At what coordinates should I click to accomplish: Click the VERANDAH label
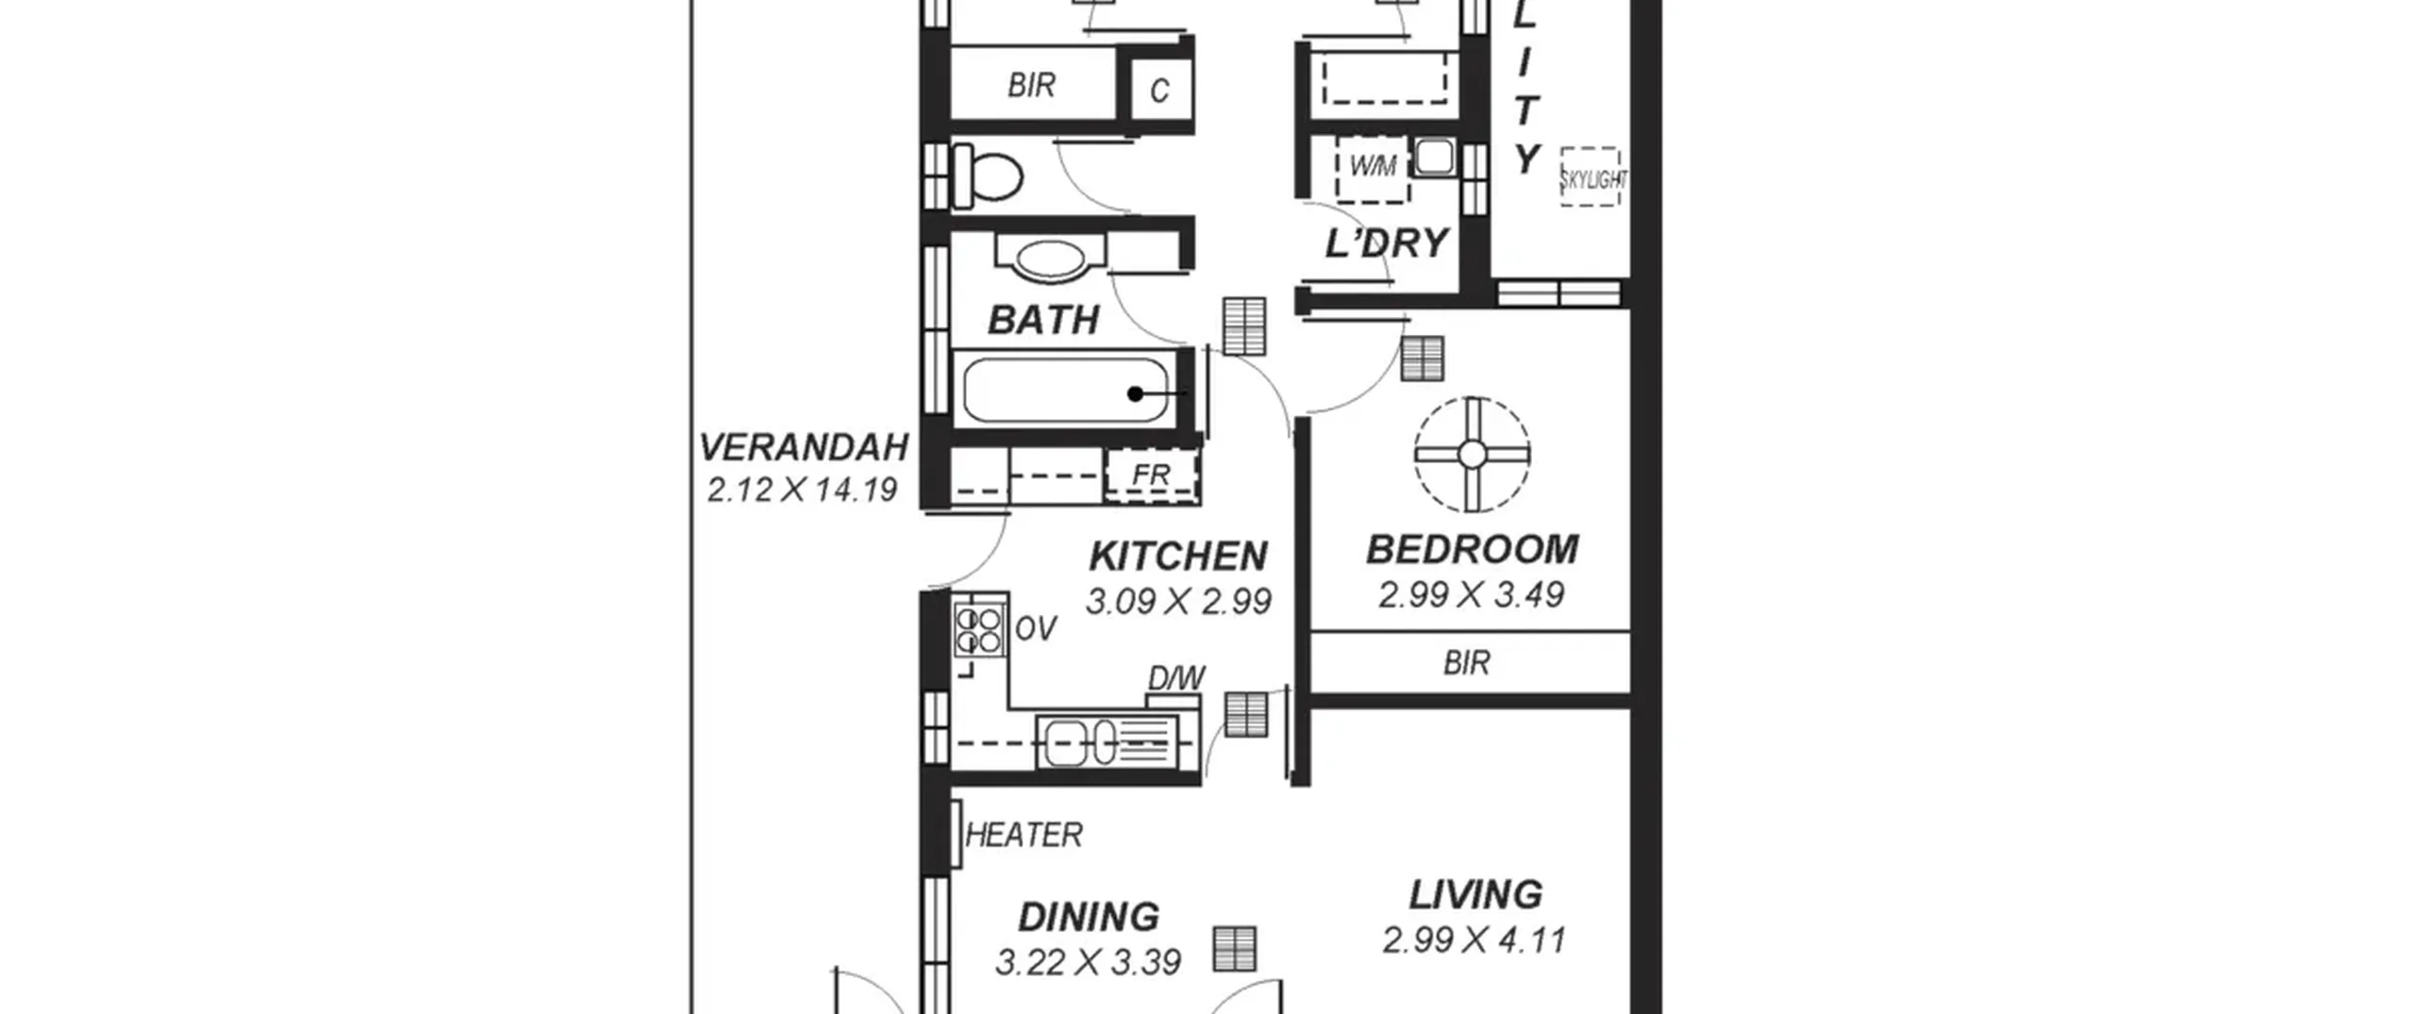point(804,447)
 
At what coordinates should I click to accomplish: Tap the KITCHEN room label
point(1178,557)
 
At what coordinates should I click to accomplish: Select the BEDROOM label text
point(1472,549)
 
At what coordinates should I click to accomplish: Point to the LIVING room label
point(1475,894)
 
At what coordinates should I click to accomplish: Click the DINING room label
point(1089,917)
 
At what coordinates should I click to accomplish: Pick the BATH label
point(1043,321)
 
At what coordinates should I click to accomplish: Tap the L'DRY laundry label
point(1386,243)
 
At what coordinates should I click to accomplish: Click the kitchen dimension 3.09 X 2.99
point(1178,601)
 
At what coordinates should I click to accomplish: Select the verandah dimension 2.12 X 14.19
point(802,490)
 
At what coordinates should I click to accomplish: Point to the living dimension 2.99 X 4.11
point(1474,939)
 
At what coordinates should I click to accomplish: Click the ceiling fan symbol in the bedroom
point(1472,455)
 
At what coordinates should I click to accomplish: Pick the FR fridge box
point(1152,474)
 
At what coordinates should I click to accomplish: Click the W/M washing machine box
point(1373,168)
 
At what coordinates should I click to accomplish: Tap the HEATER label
point(1024,835)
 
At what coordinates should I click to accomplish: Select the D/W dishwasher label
point(1176,678)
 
